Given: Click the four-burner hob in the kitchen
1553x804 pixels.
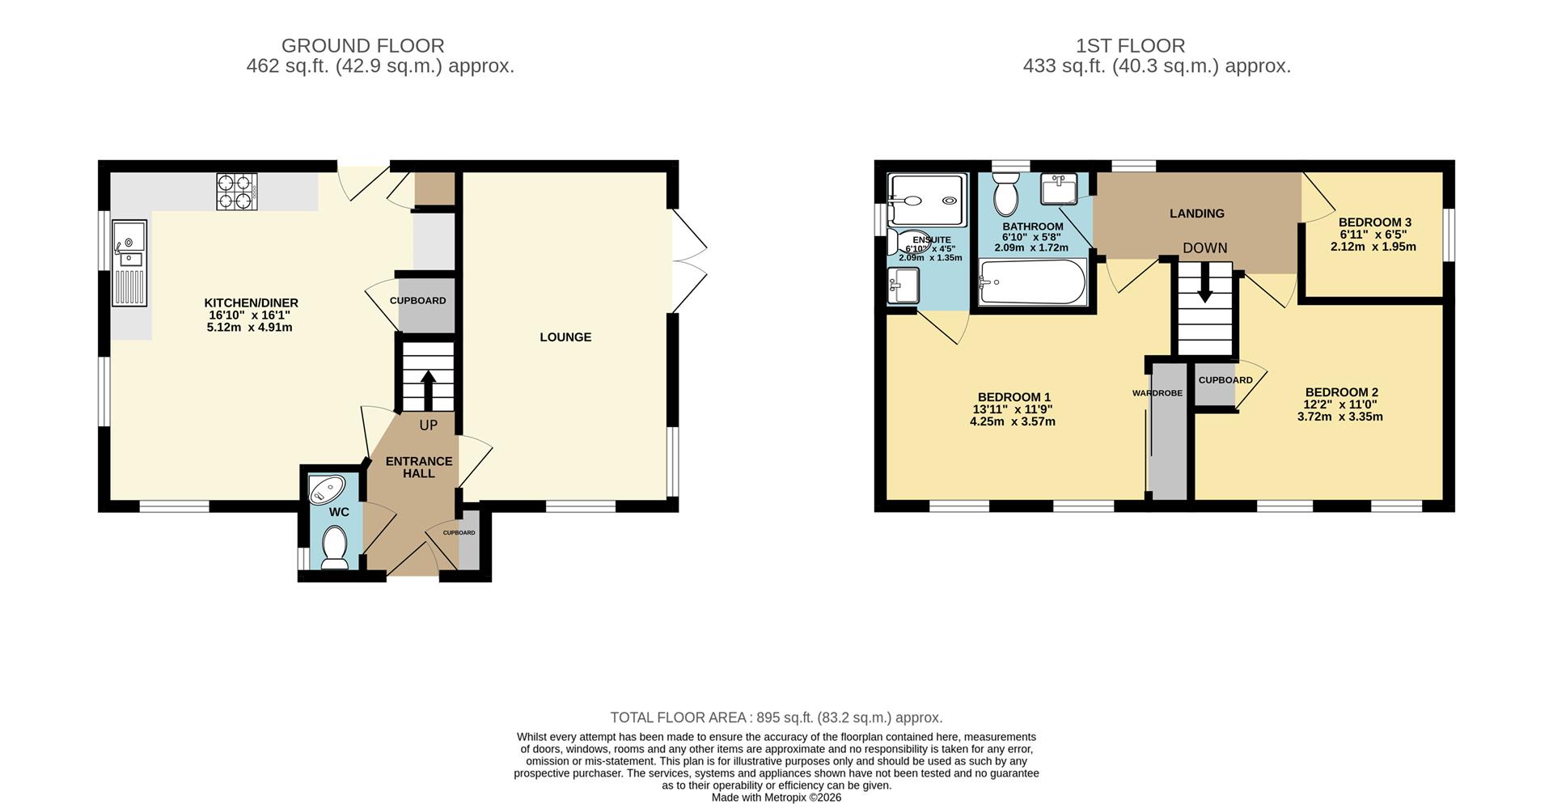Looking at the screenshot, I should pos(236,193).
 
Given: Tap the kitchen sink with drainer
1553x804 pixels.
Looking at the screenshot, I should pos(129,263).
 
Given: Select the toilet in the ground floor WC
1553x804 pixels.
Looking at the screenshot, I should pos(334,548).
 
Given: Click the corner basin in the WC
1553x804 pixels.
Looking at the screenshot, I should pos(328,489).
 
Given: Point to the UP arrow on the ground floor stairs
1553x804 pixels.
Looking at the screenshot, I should pos(427,390).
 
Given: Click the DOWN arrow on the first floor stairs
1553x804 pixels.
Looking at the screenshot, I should pos(1204,285).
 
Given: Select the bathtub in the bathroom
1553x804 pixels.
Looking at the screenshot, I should pos(1032,282).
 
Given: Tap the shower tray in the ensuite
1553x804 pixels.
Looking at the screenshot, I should pos(927,200).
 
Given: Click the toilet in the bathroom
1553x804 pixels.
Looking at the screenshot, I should pos(1005,193).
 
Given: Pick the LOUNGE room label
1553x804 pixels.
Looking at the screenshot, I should pos(565,337).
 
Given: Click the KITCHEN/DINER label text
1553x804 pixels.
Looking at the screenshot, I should pos(251,303).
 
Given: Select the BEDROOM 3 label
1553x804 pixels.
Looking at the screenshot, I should pos(1374,222).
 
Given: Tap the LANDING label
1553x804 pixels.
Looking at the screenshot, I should pos(1196,214).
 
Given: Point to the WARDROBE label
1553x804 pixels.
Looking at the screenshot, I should pos(1157,393).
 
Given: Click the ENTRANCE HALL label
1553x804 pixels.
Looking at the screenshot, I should pos(418,467).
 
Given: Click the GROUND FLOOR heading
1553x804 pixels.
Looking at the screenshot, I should pos(362,46).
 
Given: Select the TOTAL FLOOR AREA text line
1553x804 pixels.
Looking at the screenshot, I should pos(776,717).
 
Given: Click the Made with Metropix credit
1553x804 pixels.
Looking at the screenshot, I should pos(776,797).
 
